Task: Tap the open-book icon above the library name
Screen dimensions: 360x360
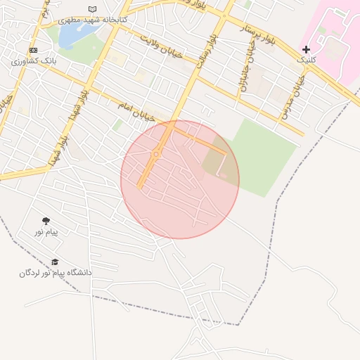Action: pos(92,9)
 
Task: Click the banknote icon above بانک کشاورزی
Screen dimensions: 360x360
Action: pos(34,51)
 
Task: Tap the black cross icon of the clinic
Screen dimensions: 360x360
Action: pos(306,49)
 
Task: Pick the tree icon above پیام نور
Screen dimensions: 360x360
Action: pos(46,221)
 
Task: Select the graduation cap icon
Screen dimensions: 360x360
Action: pos(55,262)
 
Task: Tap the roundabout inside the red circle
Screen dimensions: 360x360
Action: pos(155,154)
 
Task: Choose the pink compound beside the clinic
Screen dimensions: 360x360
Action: pos(330,35)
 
